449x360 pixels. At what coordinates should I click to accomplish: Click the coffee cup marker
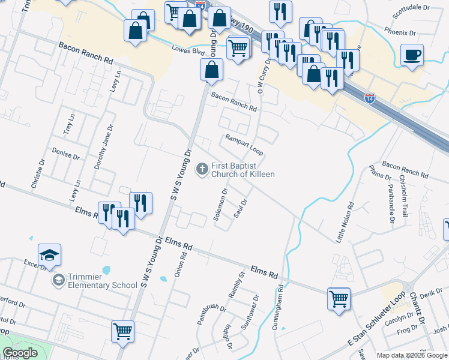point(412,55)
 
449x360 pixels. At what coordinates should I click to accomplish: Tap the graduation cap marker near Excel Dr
point(49,254)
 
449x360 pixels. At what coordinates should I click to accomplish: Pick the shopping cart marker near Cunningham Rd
point(339,298)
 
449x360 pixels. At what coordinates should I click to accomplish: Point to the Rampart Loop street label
point(244,145)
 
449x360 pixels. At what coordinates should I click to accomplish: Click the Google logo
point(20,353)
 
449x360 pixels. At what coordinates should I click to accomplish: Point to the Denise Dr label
point(66,153)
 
